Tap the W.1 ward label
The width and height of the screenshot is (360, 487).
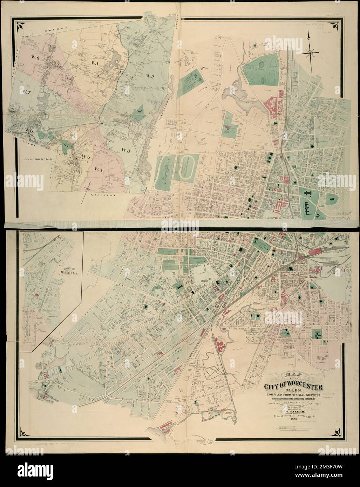(x=94, y=63)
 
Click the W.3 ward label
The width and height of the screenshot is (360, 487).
(x=126, y=150)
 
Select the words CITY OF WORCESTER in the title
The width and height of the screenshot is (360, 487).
(x=293, y=387)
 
